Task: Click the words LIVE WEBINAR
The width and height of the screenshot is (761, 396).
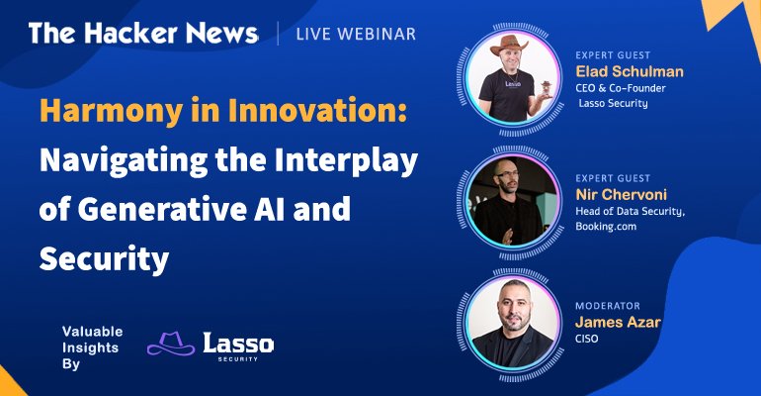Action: [x=356, y=34]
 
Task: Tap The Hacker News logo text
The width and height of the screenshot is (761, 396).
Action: [x=143, y=33]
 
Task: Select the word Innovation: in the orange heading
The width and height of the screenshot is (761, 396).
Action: [x=317, y=110]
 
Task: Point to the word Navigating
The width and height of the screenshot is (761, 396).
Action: [x=124, y=161]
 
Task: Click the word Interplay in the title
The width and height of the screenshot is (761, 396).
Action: [x=346, y=161]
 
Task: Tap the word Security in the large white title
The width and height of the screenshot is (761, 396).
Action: [x=105, y=259]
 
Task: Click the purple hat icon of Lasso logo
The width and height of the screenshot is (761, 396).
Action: [x=171, y=344]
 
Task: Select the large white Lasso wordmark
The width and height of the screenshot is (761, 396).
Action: [x=238, y=344]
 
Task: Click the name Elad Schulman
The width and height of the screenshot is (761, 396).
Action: [x=630, y=71]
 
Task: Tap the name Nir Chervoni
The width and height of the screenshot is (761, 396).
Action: [x=622, y=194]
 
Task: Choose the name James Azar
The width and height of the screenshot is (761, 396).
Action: [x=618, y=322]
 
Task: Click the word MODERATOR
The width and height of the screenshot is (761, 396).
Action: [x=608, y=306]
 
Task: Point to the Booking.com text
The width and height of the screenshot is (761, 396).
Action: [x=606, y=227]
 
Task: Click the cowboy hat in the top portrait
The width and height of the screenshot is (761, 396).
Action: [x=509, y=46]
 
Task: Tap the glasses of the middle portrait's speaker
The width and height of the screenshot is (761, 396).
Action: [x=507, y=173]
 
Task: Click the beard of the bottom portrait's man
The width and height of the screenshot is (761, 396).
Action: [x=514, y=322]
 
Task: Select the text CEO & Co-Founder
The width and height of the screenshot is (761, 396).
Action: [x=621, y=88]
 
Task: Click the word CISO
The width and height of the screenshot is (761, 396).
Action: [x=586, y=339]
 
